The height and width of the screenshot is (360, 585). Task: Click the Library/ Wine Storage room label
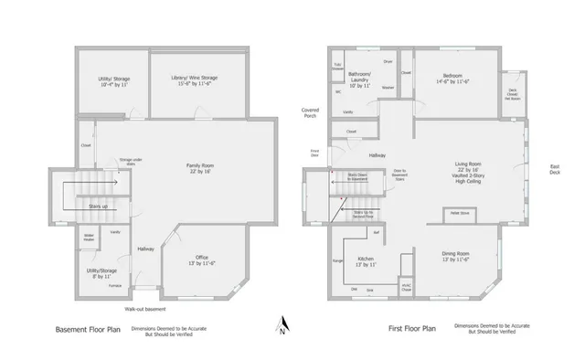[197, 81]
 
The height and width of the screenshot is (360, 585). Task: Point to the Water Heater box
[90, 238]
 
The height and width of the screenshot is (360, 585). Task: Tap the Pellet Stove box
[459, 213]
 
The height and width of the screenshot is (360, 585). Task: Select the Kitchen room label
[366, 261]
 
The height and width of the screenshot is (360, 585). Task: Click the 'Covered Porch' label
[311, 112]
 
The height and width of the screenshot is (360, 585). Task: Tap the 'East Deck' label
[554, 170]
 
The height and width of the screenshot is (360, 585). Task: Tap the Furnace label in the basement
[115, 286]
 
